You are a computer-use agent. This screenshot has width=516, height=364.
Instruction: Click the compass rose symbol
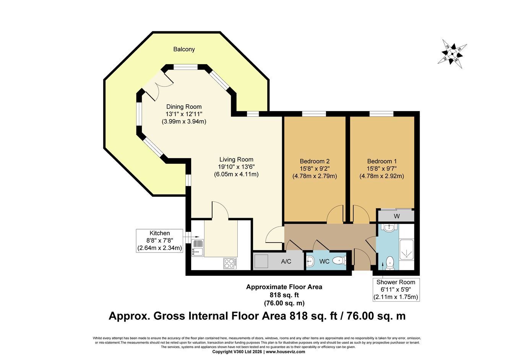[x=452, y=54]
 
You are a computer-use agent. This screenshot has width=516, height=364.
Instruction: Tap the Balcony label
[x=184, y=49]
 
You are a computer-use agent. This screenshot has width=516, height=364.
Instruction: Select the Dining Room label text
[x=184, y=107]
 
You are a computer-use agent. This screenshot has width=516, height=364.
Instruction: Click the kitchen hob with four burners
[x=230, y=264]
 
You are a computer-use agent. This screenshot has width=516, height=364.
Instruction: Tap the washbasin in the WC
[x=310, y=261]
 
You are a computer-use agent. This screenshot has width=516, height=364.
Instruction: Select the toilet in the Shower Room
[x=390, y=263]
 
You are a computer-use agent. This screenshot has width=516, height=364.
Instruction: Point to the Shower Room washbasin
[x=391, y=228]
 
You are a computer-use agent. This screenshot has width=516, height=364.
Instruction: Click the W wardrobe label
[x=397, y=216]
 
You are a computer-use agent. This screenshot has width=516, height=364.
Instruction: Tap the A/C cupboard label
[x=286, y=261]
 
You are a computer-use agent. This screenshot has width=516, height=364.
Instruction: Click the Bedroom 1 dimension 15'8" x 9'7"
[x=382, y=168]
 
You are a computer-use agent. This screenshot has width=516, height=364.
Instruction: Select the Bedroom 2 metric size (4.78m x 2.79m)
[x=315, y=176]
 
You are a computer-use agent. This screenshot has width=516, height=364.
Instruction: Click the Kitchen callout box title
[x=160, y=233]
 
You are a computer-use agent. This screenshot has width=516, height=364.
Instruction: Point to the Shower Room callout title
[x=396, y=282]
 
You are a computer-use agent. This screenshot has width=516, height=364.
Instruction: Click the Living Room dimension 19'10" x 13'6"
[x=236, y=167]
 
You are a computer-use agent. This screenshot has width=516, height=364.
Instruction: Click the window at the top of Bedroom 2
[x=314, y=113]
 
